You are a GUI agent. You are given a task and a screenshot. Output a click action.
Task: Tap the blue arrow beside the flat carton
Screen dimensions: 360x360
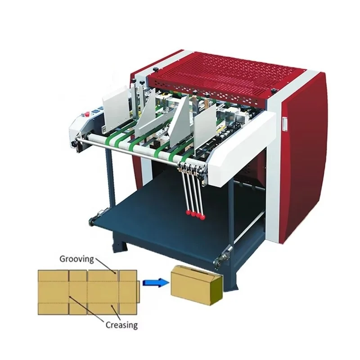153,283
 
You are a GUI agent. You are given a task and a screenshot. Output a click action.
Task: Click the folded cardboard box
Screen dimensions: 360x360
196,285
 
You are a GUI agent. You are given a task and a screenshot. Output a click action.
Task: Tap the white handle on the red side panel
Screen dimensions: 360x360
284,121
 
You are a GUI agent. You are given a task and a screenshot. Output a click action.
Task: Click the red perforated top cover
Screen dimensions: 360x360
225,76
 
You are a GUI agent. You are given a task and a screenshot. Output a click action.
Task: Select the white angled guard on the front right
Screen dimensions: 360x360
243,144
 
